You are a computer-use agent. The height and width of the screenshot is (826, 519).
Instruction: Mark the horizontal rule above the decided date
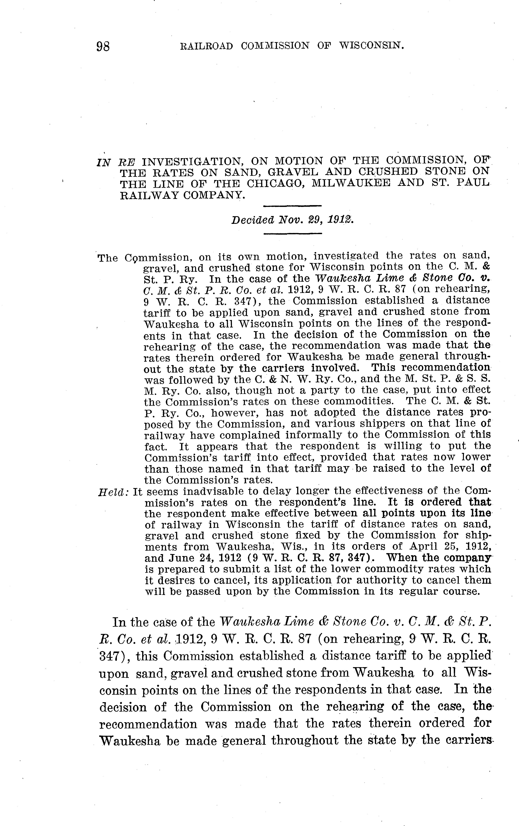point(292,206)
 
